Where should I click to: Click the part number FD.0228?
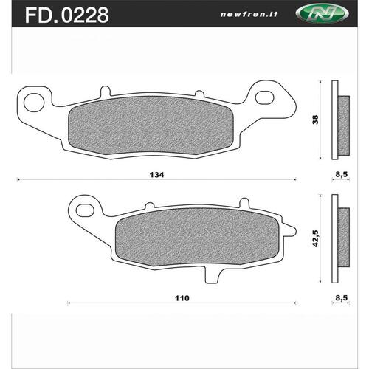pos(67,15)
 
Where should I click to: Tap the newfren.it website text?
pos(249,14)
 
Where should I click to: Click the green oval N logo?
pos(322,14)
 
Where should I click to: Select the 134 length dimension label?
pos(156,175)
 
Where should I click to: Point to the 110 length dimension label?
pos(182,298)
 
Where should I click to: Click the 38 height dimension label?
pos(315,120)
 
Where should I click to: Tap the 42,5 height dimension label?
pos(315,238)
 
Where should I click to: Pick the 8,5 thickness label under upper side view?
pos(342,174)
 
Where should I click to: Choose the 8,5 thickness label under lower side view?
pos(342,298)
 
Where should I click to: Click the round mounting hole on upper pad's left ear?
pos(34,103)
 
